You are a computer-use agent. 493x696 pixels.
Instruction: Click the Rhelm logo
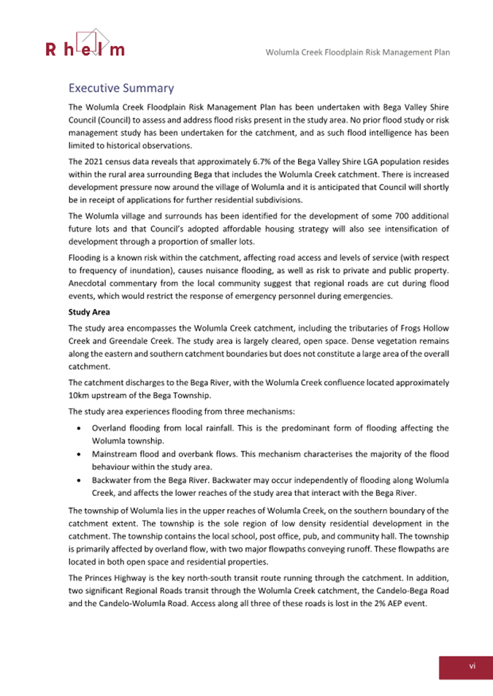pos(84,43)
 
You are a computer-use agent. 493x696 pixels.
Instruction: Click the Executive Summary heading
pos(121,88)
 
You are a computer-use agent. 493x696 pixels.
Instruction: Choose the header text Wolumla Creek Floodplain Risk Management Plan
pos(357,53)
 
